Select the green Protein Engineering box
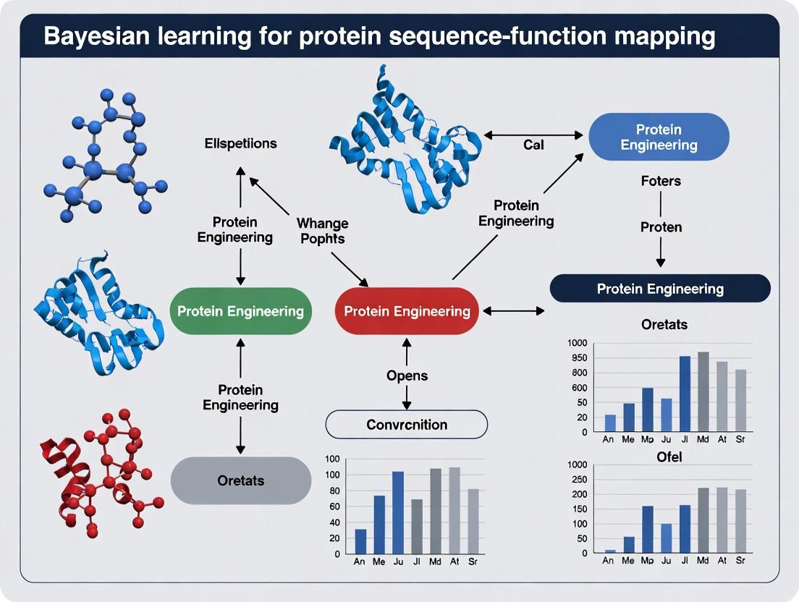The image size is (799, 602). click(240, 311)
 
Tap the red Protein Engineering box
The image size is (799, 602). click(407, 311)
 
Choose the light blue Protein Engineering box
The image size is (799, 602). click(659, 137)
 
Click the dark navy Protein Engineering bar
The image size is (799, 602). click(660, 289)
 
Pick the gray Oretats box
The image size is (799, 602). click(240, 480)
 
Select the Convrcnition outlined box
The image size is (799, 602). click(407, 424)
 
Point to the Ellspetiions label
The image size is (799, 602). click(240, 143)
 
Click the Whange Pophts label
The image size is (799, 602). click(322, 231)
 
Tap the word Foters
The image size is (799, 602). click(661, 181)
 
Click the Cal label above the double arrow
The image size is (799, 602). click(533, 145)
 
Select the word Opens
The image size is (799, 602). click(407, 376)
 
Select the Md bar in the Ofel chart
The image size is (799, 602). click(703, 520)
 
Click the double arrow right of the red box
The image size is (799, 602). click(514, 311)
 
